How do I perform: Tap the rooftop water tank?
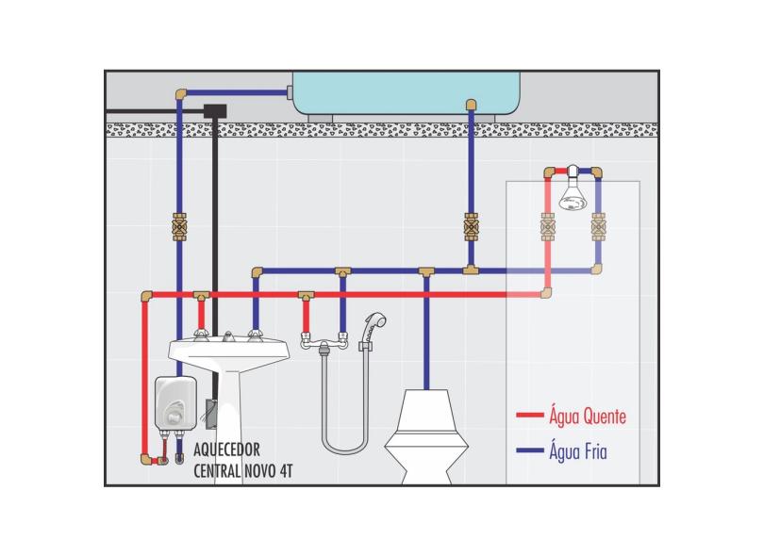tap(406, 91)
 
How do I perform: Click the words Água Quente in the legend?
tap(587, 416)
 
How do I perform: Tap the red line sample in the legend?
tap(530, 416)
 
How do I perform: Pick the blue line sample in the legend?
tap(530, 451)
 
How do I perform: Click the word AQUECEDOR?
tap(226, 450)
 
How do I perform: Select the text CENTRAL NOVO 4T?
tap(242, 470)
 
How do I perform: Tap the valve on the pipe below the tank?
tap(471, 227)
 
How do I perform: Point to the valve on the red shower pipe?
tap(547, 227)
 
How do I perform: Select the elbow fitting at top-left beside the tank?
tap(180, 92)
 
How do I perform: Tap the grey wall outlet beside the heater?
tap(212, 415)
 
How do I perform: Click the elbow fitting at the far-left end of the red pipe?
tap(145, 296)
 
